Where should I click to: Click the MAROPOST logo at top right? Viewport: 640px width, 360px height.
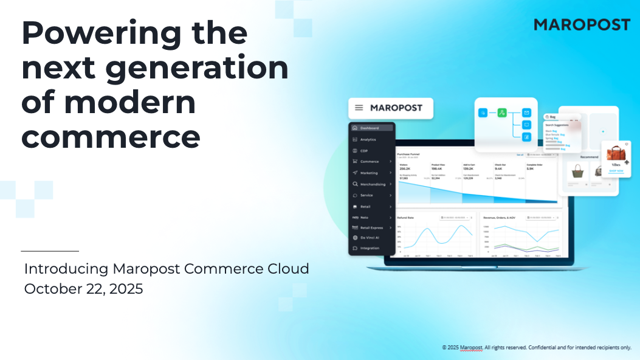[582, 25]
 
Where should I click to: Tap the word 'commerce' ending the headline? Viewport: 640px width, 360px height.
[111, 137]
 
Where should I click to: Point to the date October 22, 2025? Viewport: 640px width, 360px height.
[83, 289]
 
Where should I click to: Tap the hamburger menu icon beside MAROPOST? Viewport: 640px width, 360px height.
[359, 108]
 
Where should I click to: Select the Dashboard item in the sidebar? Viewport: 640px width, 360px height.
[370, 128]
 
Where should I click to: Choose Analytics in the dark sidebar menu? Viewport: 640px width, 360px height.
[368, 140]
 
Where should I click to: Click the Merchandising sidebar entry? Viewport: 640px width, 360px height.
[373, 184]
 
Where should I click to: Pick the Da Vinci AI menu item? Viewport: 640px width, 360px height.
[370, 237]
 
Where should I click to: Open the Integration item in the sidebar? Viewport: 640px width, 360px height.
[370, 248]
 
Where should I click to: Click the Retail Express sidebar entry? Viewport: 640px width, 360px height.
[371, 227]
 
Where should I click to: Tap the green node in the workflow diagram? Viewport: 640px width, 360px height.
[502, 112]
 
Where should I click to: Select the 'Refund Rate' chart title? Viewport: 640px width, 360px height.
[406, 217]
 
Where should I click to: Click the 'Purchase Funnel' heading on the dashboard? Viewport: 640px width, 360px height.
[408, 154]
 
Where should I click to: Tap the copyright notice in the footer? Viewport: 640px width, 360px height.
[537, 348]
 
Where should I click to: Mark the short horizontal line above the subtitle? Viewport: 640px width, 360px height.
[50, 251]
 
